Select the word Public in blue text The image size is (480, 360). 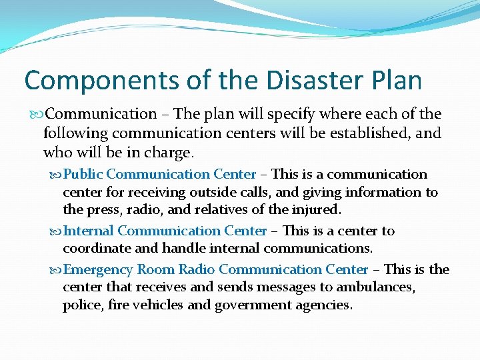[x=83, y=175]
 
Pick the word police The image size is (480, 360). [x=80, y=305]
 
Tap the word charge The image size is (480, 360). [x=168, y=153]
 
